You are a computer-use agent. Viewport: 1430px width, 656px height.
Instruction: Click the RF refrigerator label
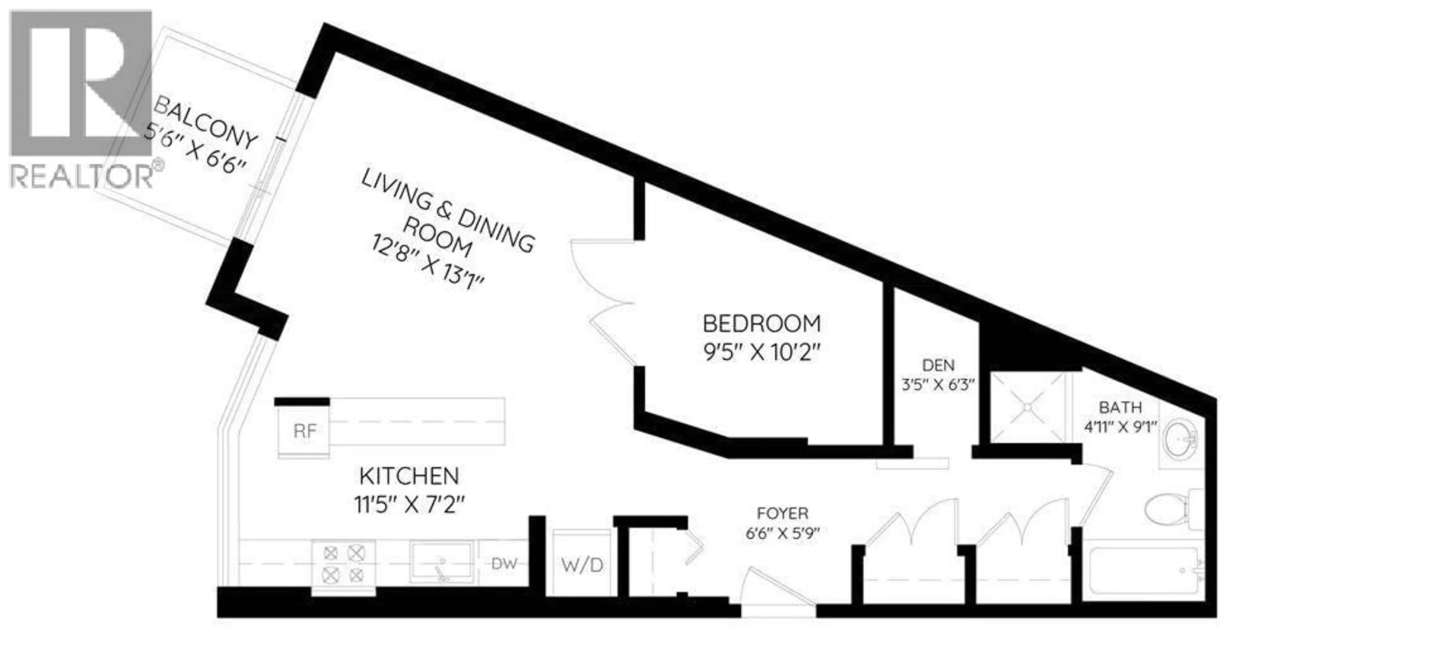(x=305, y=431)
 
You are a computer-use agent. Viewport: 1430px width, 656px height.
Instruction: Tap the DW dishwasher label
(x=504, y=564)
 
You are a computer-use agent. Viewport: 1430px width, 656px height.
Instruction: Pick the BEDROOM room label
(x=761, y=323)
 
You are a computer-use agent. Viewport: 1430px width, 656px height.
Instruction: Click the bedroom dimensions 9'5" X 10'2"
(x=761, y=353)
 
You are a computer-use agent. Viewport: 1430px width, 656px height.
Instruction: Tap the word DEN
(x=938, y=365)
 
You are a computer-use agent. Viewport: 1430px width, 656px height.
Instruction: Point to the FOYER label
(x=783, y=513)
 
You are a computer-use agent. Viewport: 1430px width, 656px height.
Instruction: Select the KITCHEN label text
(x=409, y=476)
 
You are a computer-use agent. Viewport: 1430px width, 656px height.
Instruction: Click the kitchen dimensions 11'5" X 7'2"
(x=409, y=505)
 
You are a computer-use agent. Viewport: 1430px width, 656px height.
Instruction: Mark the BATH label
(x=1120, y=407)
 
